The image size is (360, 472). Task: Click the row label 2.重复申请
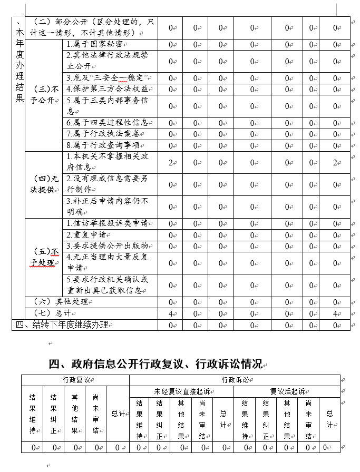pos(87,234)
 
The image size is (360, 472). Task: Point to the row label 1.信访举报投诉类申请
pos(107,223)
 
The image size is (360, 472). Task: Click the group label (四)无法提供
pos(44,184)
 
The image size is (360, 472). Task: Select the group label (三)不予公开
pos(44,95)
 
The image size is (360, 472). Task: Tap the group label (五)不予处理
pos(44,257)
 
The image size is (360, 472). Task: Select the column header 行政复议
pos(75,380)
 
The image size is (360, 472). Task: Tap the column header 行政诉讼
pos(235,380)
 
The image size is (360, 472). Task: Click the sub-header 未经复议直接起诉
pos(181,391)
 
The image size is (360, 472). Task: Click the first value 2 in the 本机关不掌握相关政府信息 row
pos(171,163)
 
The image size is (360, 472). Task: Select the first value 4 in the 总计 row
pos(171,313)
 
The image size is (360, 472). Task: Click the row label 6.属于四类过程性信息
pos(107,123)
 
